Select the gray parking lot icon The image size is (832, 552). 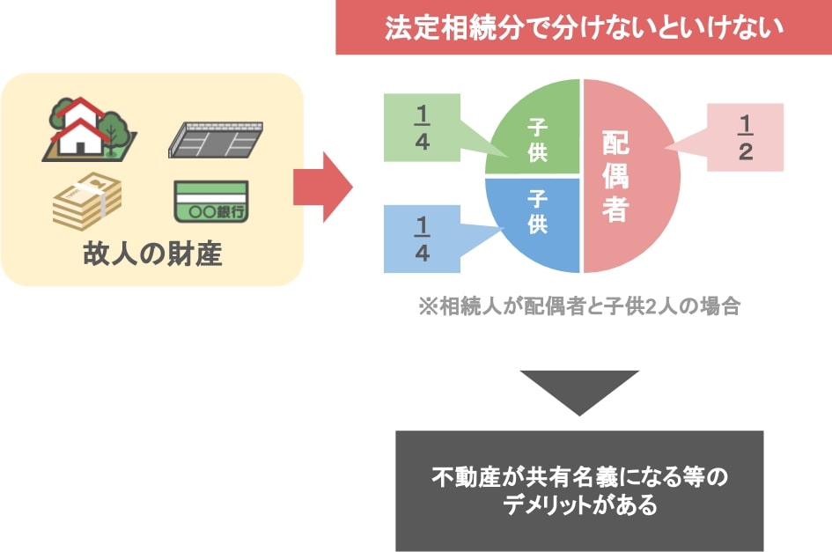point(216,140)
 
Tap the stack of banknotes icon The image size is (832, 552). point(87,201)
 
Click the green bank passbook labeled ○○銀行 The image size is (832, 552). point(211,202)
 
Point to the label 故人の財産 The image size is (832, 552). point(153,254)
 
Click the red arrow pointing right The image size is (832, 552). point(322,187)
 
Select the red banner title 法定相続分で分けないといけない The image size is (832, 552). point(584,27)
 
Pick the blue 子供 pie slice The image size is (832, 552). point(537,223)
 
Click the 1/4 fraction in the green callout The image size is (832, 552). point(423,128)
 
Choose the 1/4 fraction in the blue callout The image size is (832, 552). point(423,239)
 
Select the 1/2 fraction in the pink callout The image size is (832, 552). point(746,137)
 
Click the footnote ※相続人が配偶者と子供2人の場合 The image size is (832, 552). point(579,306)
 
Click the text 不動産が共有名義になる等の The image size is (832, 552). point(579,476)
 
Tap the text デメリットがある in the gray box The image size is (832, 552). point(579,504)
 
